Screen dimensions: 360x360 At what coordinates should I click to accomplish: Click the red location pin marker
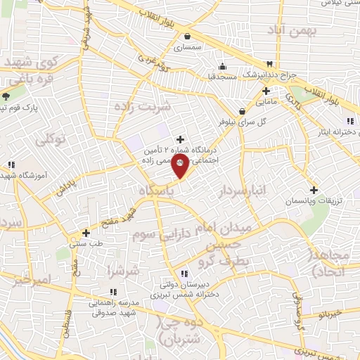point(180,167)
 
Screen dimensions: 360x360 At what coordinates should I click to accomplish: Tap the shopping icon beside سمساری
point(186,36)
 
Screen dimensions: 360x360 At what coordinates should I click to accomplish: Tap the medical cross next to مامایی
point(266,91)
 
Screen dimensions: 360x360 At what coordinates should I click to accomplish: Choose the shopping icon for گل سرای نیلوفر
point(243,110)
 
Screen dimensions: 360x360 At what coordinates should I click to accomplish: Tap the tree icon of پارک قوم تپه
point(5,96)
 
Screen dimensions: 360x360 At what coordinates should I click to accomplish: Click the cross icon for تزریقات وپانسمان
point(314,189)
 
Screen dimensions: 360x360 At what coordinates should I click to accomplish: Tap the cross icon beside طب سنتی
point(86,233)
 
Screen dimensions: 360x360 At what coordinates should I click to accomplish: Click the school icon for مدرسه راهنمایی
point(112,292)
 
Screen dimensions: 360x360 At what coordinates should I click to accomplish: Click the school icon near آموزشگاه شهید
point(11,166)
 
